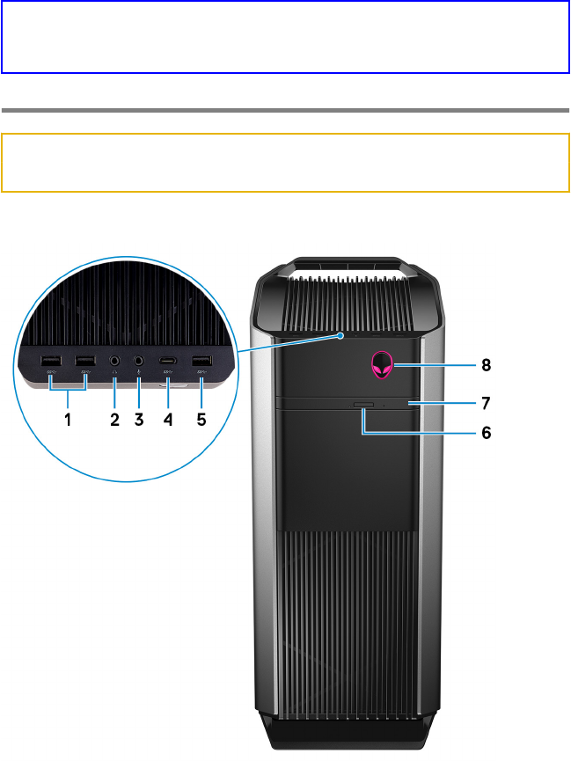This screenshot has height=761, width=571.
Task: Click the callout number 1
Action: (x=67, y=419)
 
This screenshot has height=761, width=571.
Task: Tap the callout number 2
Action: (x=114, y=419)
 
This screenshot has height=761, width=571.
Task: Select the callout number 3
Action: (x=138, y=419)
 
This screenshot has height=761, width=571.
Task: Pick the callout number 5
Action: (x=201, y=419)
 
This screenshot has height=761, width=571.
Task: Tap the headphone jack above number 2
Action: (x=114, y=360)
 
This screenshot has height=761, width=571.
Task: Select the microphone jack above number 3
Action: (x=138, y=360)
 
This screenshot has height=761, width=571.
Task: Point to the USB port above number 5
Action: (x=201, y=360)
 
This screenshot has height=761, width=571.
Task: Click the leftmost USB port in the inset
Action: (x=51, y=360)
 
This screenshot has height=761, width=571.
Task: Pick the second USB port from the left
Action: (x=85, y=360)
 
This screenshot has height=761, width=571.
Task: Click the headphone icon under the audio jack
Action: (x=114, y=376)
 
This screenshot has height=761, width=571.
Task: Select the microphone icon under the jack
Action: (x=138, y=376)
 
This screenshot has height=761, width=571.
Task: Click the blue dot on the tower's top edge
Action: (x=340, y=334)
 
